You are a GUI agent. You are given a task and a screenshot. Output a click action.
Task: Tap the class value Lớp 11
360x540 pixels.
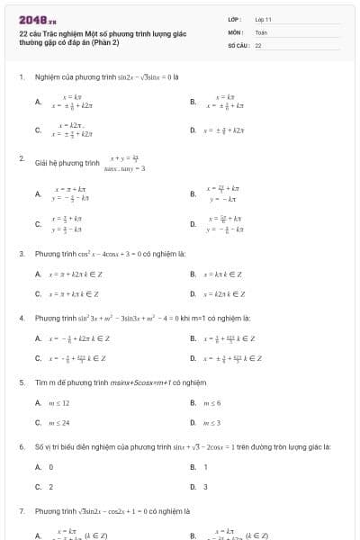263,19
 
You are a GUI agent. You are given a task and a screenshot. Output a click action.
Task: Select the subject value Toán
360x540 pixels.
260,31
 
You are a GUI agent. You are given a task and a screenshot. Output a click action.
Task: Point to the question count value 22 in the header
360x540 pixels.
258,44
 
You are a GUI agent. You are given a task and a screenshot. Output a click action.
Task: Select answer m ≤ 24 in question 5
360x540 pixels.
59,422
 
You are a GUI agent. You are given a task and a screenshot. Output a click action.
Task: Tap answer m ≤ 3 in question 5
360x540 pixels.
212,422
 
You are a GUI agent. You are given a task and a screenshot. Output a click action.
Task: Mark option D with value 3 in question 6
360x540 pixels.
206,487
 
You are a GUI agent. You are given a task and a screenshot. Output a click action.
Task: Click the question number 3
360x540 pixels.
21,254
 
